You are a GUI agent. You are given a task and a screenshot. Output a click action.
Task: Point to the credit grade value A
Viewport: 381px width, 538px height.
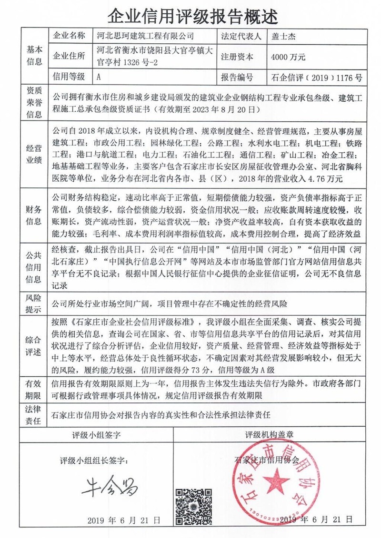[x=98, y=76]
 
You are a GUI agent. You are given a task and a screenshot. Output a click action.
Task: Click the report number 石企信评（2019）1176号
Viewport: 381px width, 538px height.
[x=316, y=76]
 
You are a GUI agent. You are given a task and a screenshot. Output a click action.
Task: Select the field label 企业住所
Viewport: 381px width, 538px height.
[x=70, y=56]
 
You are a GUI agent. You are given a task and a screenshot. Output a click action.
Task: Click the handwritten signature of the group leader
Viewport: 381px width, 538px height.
[x=109, y=486]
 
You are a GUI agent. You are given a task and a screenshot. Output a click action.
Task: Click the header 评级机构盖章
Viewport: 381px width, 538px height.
[x=270, y=435]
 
